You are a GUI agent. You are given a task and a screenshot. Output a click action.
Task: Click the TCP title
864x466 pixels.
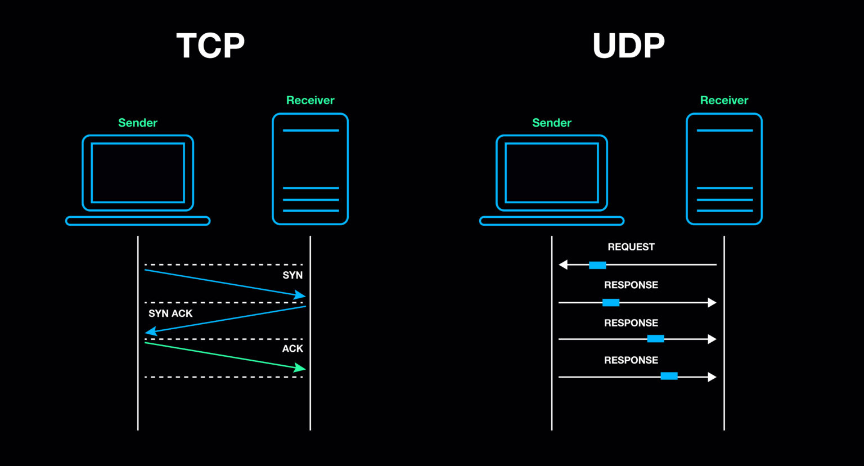tap(210, 46)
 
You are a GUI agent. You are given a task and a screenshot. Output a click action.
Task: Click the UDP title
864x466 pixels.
tap(628, 46)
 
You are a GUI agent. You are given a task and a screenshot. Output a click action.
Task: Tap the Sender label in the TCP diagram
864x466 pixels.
tap(138, 123)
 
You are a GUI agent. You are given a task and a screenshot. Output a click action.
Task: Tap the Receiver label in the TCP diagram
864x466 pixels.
tap(310, 100)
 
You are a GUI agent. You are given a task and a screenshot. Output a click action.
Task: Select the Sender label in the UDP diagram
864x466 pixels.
tap(551, 123)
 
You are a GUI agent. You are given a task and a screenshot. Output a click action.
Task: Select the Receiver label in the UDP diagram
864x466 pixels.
tap(724, 100)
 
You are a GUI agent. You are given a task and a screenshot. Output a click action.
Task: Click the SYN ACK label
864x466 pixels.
tap(170, 313)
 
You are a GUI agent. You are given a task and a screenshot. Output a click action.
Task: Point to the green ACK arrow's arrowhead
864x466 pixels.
tap(300, 368)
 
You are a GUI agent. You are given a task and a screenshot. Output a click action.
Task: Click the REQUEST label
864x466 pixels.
tap(631, 247)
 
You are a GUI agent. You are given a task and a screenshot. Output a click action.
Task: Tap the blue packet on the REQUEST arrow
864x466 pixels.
tap(597, 265)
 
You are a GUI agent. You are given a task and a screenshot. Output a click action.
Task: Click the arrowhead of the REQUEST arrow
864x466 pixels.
tap(563, 265)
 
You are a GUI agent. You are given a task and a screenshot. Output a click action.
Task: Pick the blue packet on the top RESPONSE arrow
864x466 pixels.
tap(611, 303)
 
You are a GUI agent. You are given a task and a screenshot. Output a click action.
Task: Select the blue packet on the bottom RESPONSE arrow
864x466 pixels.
tap(669, 376)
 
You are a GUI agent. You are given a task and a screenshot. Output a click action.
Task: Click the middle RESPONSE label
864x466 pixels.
tap(631, 323)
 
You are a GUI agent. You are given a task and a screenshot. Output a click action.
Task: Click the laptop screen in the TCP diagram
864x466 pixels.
tap(138, 173)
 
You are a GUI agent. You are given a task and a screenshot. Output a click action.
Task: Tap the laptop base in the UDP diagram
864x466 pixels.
tap(551, 221)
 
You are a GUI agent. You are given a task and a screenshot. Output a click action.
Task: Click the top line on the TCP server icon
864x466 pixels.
tap(310, 131)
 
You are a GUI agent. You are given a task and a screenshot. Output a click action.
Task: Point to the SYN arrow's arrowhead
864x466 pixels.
tap(300, 295)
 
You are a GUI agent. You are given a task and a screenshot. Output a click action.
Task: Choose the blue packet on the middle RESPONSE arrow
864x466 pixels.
tap(655, 339)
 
